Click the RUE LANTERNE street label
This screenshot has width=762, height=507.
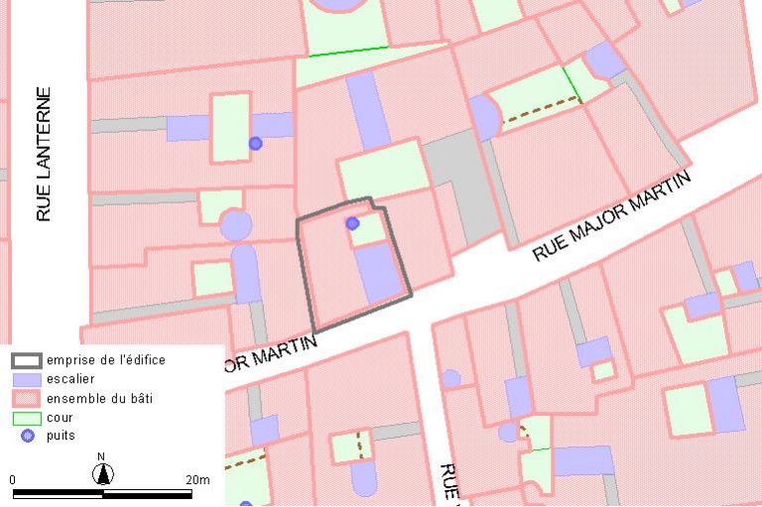tap(44, 154)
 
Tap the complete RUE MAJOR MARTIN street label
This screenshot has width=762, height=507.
tap(610, 215)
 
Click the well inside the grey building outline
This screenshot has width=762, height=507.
tap(352, 223)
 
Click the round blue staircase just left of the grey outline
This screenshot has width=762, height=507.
tap(235, 224)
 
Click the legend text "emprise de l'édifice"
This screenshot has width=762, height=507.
tap(106, 360)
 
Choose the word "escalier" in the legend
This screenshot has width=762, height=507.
tap(70, 379)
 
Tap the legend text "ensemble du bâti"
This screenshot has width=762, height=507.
tap(99, 398)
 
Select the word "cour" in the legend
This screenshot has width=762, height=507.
tap(60, 417)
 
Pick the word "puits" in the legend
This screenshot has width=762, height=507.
tap(62, 435)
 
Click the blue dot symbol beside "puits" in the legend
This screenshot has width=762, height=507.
tap(27, 436)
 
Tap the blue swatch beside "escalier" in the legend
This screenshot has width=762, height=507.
tap(27, 379)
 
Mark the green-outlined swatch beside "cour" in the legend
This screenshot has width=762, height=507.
tap(27, 417)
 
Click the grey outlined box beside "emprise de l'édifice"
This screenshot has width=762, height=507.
tap(27, 360)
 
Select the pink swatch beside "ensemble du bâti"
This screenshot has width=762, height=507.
tap(27, 398)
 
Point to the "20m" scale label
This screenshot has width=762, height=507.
tap(197, 480)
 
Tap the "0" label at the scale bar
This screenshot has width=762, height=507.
tap(13, 480)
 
